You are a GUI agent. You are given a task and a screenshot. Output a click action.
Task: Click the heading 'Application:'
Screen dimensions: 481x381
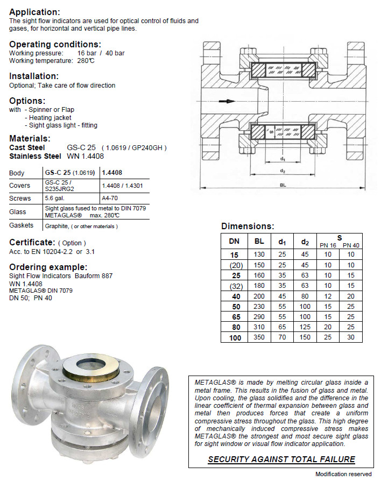coord(35,12)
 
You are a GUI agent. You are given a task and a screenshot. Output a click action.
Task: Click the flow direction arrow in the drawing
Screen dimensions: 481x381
coord(228,101)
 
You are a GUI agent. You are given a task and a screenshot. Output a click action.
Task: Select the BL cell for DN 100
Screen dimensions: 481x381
coord(259,338)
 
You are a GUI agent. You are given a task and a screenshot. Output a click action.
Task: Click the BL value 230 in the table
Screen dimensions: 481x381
coord(259,306)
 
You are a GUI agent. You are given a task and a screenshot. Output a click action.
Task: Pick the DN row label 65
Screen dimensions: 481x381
coord(234,317)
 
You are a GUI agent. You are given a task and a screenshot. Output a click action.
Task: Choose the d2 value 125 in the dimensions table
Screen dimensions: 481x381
coord(305,327)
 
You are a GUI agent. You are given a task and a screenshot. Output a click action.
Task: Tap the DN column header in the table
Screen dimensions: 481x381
coord(234,242)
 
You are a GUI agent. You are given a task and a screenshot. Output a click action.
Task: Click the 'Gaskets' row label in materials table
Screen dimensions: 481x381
coord(21,225)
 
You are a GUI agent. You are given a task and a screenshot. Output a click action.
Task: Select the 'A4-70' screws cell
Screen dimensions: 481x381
coord(109,198)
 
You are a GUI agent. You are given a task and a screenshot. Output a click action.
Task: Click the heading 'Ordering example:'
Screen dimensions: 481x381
coord(48,267)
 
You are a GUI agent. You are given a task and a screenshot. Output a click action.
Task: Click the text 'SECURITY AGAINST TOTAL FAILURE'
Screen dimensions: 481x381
coord(281,459)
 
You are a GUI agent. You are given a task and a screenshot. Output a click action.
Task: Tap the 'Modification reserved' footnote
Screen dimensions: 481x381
coord(343,474)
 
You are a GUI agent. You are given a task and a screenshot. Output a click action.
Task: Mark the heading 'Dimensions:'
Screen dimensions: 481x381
coord(248,227)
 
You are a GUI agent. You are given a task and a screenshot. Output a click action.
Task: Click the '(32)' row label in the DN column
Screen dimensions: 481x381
coord(234,285)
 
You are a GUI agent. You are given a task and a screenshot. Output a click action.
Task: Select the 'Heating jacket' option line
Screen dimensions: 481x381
coord(50,117)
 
